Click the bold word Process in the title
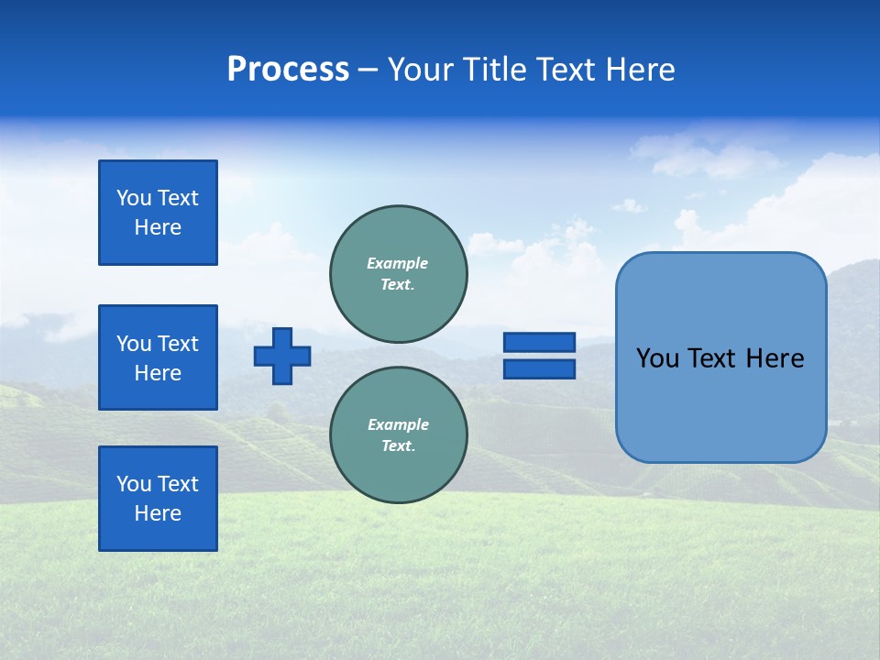[x=288, y=70]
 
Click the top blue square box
[x=158, y=213]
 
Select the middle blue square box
[x=158, y=357]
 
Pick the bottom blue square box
[x=158, y=499]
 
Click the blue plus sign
[x=282, y=356]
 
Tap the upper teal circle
[x=399, y=273]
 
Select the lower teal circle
[x=399, y=434]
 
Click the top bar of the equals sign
[x=539, y=343]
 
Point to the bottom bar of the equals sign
[x=539, y=368]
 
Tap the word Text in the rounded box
[x=712, y=358]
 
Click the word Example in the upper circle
[x=398, y=263]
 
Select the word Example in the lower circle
[x=398, y=424]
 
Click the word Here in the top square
[x=158, y=227]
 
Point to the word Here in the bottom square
[x=158, y=513]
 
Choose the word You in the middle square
[x=133, y=344]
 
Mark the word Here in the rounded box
[x=775, y=358]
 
